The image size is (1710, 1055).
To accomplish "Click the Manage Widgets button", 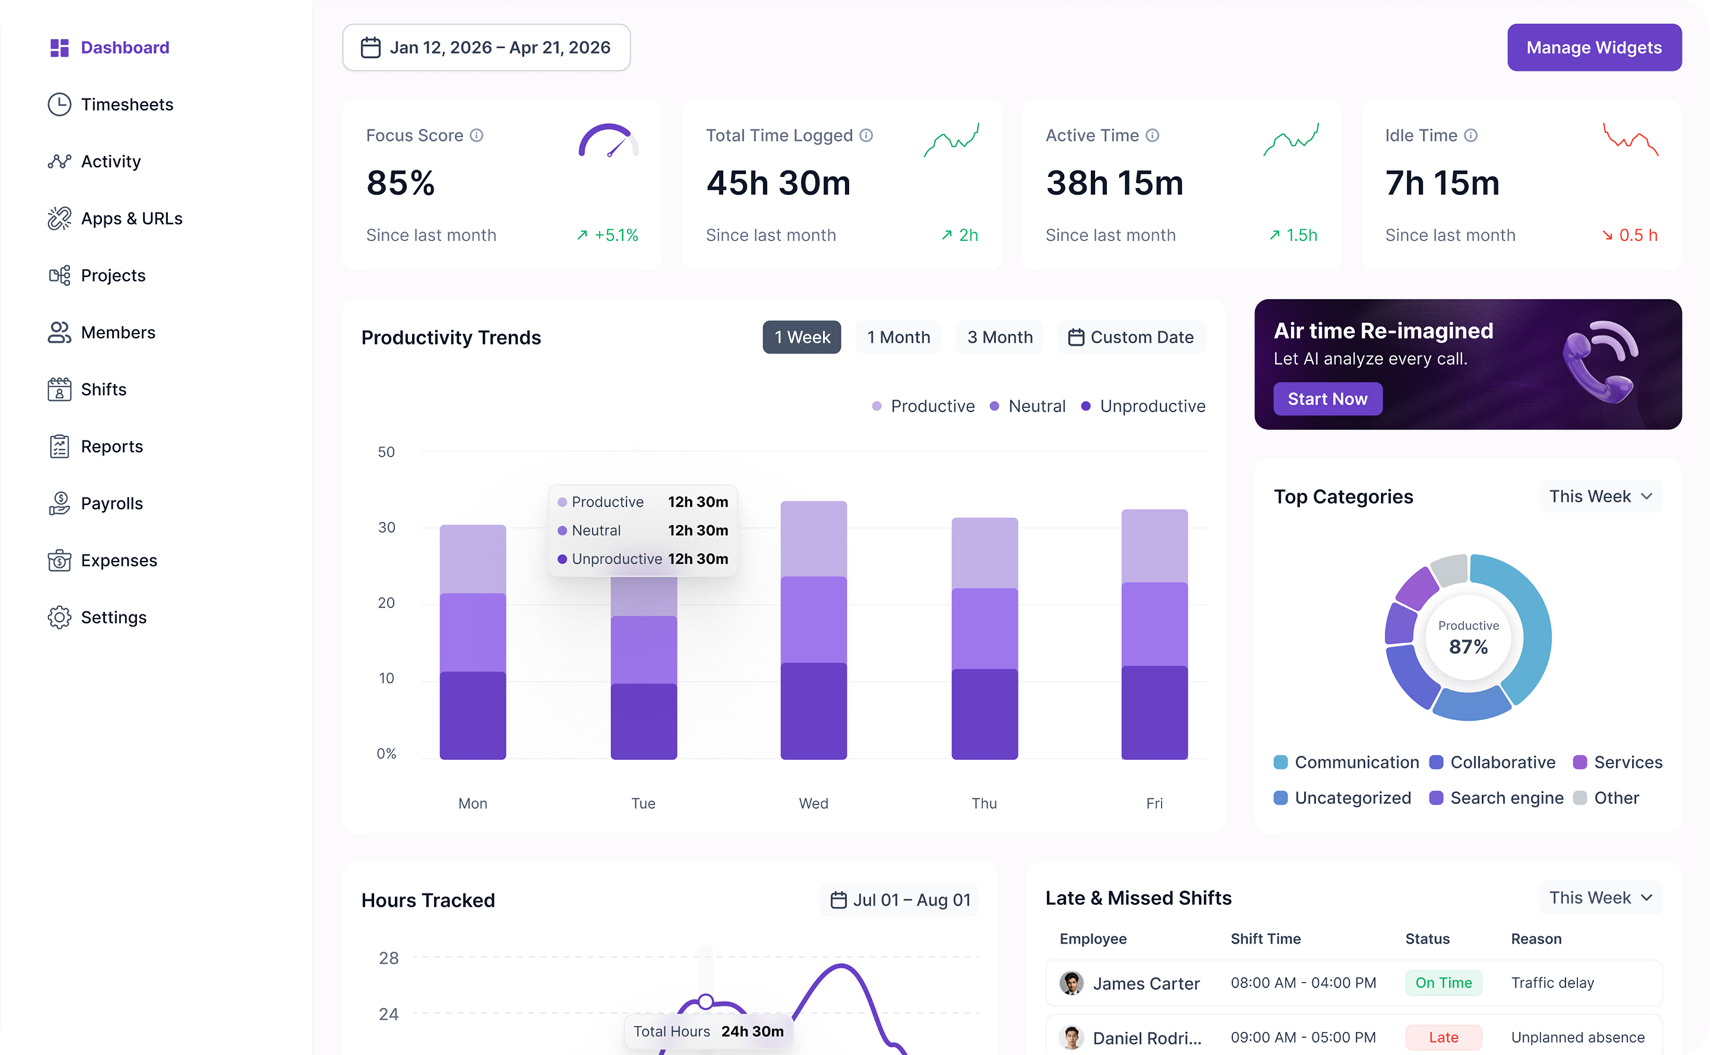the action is [x=1594, y=47].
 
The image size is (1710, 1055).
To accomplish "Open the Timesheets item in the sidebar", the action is [x=111, y=105].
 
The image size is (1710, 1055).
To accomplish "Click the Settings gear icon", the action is [x=60, y=617].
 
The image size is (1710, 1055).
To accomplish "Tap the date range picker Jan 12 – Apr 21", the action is [x=486, y=47].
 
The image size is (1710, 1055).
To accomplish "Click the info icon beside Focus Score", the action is [x=476, y=135].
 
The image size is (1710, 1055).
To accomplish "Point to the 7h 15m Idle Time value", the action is [x=1442, y=183].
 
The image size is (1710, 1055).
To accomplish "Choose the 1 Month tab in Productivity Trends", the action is [x=898, y=337].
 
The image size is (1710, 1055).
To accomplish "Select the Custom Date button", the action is [x=1131, y=337].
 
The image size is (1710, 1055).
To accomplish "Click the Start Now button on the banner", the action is [x=1327, y=399].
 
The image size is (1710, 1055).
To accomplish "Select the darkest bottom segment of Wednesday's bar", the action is [x=813, y=711].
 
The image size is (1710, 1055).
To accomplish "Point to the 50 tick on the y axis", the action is [x=386, y=452].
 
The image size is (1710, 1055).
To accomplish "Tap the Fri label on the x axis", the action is [x=1154, y=803].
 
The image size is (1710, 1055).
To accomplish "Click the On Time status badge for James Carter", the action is [x=1443, y=983].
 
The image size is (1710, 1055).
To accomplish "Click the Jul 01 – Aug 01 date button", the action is [x=900, y=900].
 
